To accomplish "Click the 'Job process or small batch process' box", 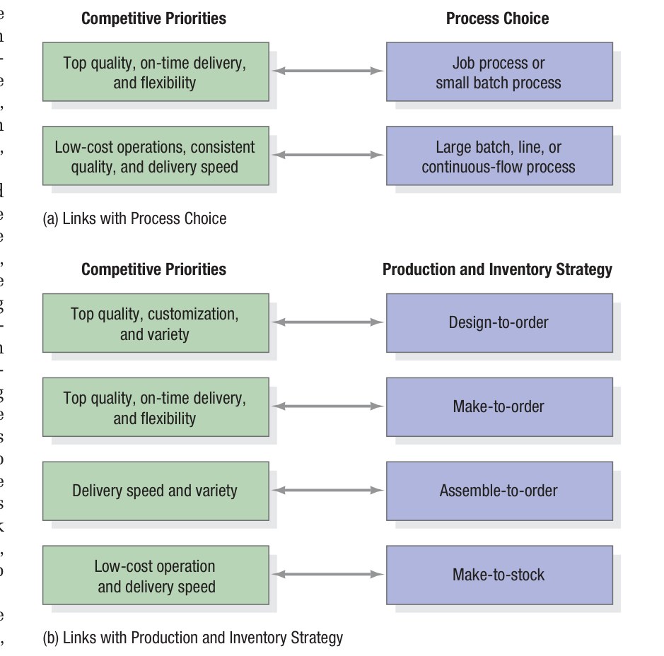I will coord(499,72).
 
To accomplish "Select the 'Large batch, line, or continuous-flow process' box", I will coord(499,156).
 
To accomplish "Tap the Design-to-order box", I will coord(499,323).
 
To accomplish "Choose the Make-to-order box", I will coord(499,406).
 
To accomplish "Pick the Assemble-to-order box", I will coord(499,491).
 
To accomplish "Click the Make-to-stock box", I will coord(499,575).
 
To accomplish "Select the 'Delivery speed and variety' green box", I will coord(155,491).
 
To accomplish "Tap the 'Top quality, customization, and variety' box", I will coord(155,323).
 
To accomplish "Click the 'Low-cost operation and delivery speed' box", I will coord(155,575).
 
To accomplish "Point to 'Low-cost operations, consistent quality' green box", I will coord(155,156).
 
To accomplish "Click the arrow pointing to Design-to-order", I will coord(327,322).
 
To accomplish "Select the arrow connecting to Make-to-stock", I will coord(327,575).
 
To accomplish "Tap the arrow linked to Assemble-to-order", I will coord(327,491).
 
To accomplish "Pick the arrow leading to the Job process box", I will coord(327,71).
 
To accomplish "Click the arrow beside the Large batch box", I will coord(327,155).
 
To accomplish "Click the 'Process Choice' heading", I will coord(497,18).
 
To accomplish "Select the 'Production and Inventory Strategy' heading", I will coord(497,269).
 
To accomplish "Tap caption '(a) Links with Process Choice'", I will coord(135,218).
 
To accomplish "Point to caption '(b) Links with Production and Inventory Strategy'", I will coord(193,638).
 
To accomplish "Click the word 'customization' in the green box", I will coord(192,313).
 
